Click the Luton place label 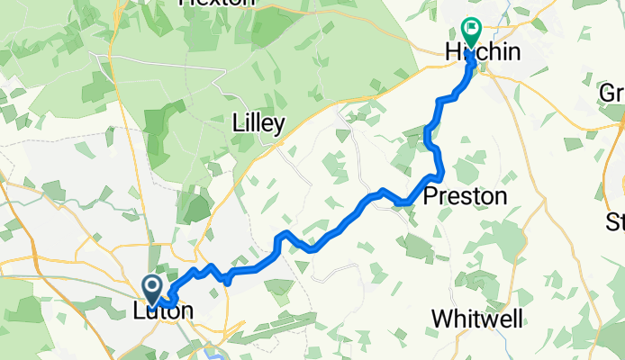(x=162, y=311)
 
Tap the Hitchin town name (x=484, y=54)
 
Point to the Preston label (x=465, y=196)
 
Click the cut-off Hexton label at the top (x=216, y=4)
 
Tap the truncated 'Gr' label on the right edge (x=612, y=93)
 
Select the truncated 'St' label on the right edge (x=615, y=221)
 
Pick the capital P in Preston (x=431, y=196)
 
